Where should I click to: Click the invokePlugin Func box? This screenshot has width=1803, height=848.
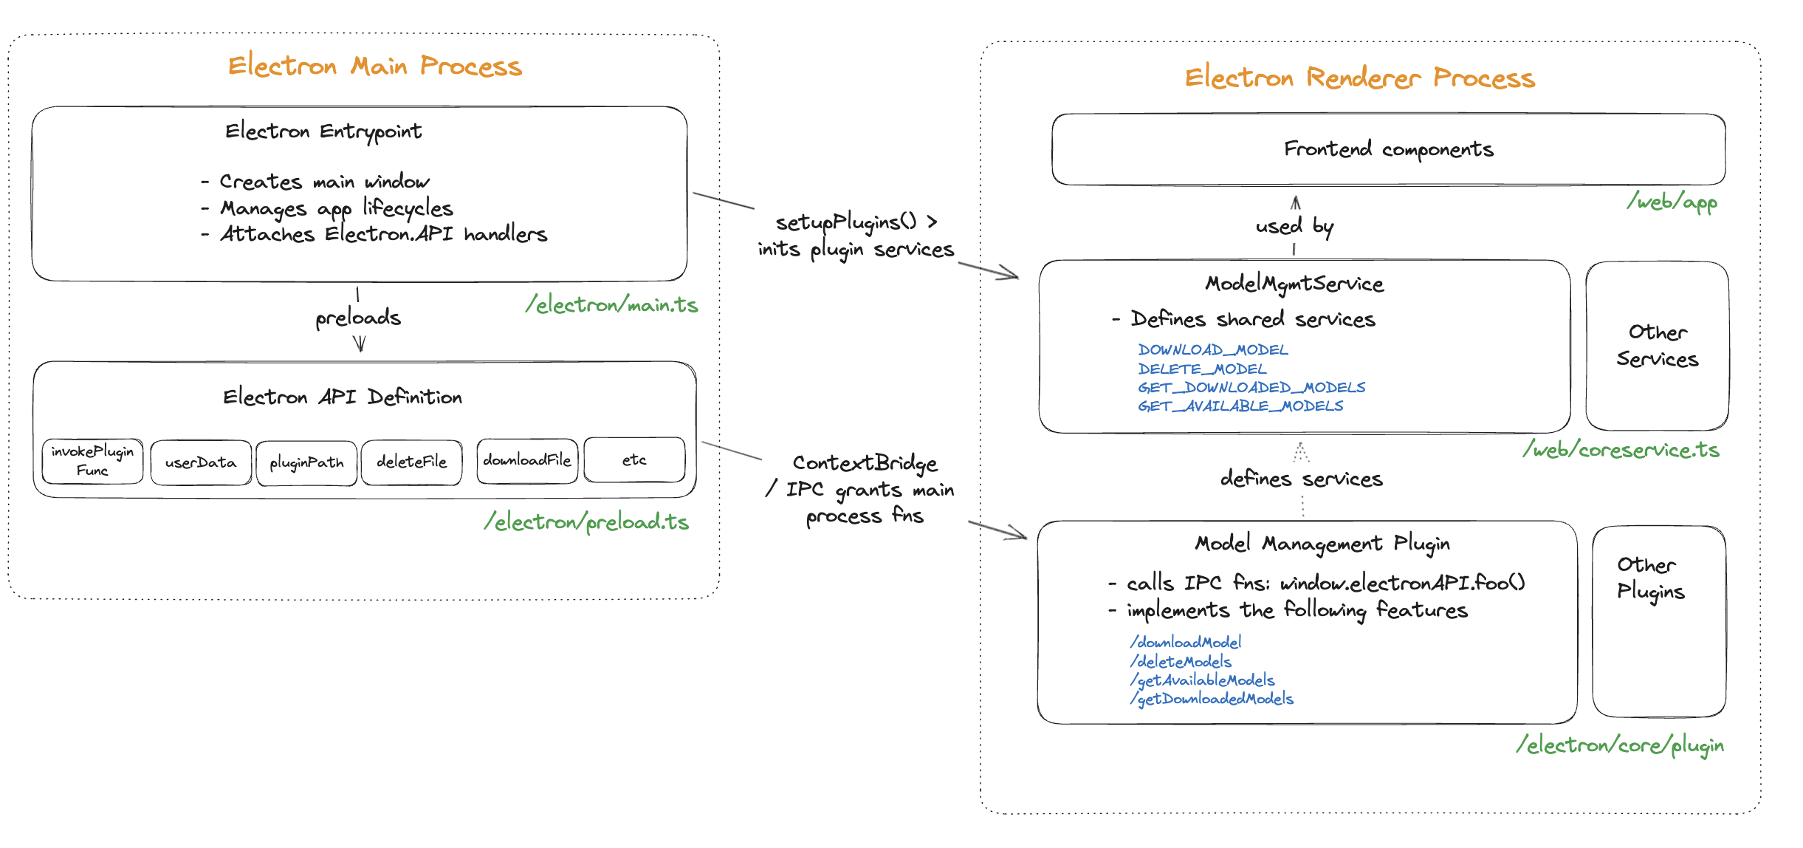tap(92, 461)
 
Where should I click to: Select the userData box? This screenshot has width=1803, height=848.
tap(201, 462)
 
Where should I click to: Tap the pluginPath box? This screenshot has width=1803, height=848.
tap(306, 463)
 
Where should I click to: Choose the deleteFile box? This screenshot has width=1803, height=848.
tap(411, 462)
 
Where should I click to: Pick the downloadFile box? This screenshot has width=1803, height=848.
tap(527, 460)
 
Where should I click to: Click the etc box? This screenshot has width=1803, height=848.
tap(634, 459)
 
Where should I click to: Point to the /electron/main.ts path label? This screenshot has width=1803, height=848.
tap(611, 304)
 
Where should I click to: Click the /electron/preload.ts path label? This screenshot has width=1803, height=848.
tap(586, 522)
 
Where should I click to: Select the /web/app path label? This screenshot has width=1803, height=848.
tap(1672, 202)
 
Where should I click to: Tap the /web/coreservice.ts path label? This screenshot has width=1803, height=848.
tap(1621, 450)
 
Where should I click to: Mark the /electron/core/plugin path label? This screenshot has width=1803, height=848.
tap(1620, 745)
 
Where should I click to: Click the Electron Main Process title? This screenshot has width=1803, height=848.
tap(374, 66)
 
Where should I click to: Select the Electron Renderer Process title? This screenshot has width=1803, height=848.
tap(1359, 78)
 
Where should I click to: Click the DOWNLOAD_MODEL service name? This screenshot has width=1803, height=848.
tap(1212, 349)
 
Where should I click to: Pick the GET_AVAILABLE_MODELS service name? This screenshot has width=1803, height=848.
tap(1240, 406)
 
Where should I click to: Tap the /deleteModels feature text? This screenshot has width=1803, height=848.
tap(1181, 661)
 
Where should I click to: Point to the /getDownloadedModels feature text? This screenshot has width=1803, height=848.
tap(1212, 699)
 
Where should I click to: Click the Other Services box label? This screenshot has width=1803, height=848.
tap(1657, 346)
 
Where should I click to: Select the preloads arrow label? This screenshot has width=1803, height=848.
tap(358, 318)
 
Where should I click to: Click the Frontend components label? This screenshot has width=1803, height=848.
tap(1388, 149)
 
